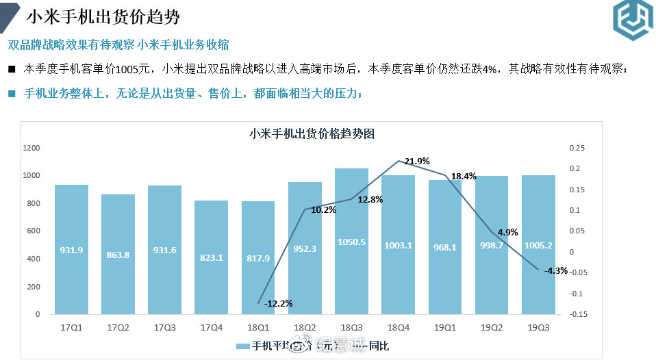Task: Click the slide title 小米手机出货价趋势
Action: tap(103, 16)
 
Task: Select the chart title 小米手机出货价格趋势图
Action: tap(312, 133)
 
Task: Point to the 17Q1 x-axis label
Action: tap(71, 327)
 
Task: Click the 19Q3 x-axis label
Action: tap(538, 327)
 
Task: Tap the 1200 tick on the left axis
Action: tap(31, 148)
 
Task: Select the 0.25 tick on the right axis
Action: tap(577, 148)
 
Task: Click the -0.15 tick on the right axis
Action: tap(577, 315)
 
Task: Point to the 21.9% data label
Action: tap(417, 162)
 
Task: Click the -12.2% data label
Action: tap(278, 303)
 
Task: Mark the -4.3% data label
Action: tap(555, 270)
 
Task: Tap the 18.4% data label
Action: tap(463, 177)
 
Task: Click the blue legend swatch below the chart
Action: tap(243, 346)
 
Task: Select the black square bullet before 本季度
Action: tap(12, 69)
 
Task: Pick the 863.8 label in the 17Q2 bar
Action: tap(118, 250)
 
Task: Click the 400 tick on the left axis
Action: tap(34, 259)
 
